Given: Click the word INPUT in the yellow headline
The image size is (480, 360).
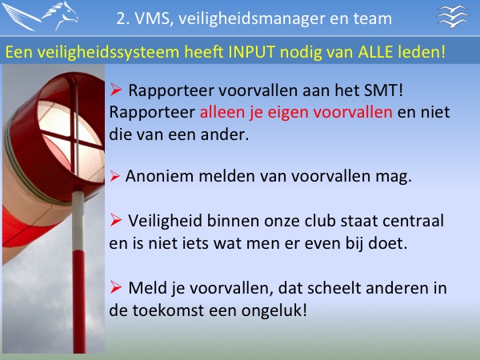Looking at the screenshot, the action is [x=252, y=52].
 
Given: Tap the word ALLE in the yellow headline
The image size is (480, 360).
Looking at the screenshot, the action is [x=375, y=52].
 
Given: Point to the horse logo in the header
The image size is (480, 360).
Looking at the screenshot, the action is [x=41, y=16].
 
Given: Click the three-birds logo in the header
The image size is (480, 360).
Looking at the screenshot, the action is [x=453, y=16].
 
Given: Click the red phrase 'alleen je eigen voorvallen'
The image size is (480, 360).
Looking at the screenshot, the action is [x=296, y=113].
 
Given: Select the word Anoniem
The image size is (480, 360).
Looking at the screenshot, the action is [x=159, y=176].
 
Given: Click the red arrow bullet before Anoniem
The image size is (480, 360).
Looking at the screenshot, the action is [x=114, y=176].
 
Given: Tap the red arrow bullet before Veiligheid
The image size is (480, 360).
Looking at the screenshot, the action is [x=116, y=220].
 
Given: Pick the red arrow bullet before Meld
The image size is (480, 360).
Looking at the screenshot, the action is [x=116, y=287].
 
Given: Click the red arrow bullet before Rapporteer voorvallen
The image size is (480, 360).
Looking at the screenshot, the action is [x=116, y=90].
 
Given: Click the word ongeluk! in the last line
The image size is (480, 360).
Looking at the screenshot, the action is [x=274, y=311].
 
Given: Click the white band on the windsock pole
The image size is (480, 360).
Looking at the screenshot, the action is [x=78, y=221].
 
